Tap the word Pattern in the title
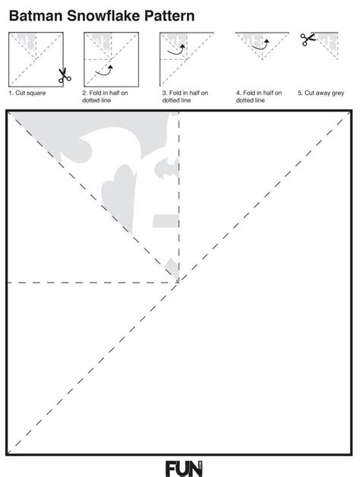click(x=166, y=14)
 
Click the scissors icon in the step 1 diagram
click(x=63, y=76)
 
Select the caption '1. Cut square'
click(x=28, y=93)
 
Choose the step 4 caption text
click(x=260, y=96)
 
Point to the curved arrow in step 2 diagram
click(x=104, y=71)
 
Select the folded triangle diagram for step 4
click(x=263, y=46)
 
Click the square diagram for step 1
click(x=35, y=59)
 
